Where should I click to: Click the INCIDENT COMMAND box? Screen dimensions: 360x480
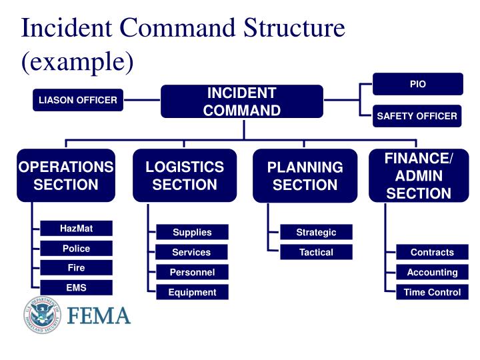(x=241, y=101)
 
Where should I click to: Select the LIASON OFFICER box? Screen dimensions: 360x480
(x=78, y=100)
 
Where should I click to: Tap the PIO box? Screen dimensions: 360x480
(x=417, y=84)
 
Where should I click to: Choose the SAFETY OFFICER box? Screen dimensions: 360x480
(x=417, y=115)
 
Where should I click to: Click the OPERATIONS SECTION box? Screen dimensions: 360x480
(x=65, y=175)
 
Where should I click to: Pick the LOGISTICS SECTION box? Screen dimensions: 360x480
(x=185, y=175)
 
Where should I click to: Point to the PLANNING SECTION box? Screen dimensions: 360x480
(x=305, y=175)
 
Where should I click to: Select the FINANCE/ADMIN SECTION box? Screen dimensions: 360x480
(x=419, y=175)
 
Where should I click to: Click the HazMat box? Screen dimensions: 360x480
(x=76, y=228)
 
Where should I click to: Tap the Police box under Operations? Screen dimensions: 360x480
(x=76, y=248)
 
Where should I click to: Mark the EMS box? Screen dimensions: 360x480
(x=76, y=288)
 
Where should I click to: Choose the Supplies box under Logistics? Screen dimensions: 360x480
(x=192, y=232)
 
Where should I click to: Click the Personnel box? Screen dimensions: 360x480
(x=192, y=272)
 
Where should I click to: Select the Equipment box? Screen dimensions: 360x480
(x=192, y=292)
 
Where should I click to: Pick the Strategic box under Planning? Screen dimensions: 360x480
(x=316, y=232)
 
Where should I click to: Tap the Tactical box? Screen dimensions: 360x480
(x=316, y=252)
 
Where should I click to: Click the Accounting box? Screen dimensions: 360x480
(x=432, y=272)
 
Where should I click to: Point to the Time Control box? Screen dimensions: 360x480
(x=432, y=292)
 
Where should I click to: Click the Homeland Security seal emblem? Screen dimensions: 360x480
(x=42, y=315)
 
